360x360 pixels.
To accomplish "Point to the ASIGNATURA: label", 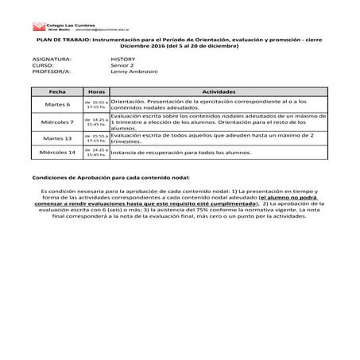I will pos(52,59).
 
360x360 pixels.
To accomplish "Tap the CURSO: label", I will pos(43,65).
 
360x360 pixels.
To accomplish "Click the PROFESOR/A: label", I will pos(50,72).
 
